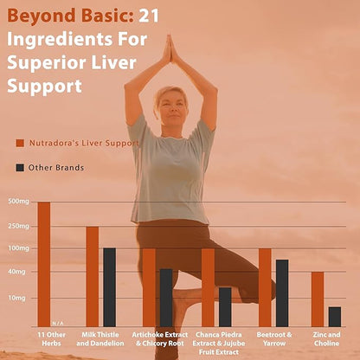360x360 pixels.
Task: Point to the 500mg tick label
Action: pyautogui.click(x=18, y=202)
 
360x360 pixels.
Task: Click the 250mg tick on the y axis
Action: pyautogui.click(x=18, y=226)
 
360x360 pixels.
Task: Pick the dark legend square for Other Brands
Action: pyautogui.click(x=20, y=167)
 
